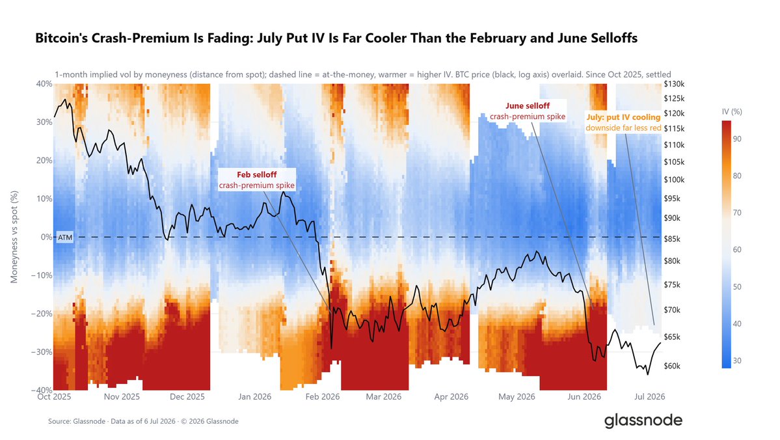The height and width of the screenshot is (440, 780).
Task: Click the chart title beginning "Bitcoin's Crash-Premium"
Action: coord(336,38)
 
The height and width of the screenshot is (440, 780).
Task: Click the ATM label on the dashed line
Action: coord(64,238)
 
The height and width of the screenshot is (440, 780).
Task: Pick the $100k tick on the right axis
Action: coord(674,180)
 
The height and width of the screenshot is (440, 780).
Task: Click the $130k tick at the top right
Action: coord(674,84)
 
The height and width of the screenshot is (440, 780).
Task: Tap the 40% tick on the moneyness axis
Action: coord(44,83)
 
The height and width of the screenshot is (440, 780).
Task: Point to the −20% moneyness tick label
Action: coord(42,314)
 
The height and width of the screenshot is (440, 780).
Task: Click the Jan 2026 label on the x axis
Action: coord(255,396)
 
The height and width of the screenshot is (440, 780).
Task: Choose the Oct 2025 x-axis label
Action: coord(54,396)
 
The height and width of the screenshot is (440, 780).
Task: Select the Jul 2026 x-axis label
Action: coord(650,396)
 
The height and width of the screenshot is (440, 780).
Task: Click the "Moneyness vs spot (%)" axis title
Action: coord(14,237)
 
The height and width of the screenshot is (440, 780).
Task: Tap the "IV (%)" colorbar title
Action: coord(732,111)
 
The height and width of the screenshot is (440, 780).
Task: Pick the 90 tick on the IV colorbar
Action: coord(737,139)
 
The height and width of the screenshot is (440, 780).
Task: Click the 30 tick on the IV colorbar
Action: coord(737,361)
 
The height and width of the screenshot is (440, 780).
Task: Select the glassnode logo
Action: coord(643,420)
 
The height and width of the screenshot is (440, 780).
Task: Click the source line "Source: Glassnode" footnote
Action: coord(143,421)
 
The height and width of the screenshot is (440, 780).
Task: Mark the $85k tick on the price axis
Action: coord(672,239)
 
